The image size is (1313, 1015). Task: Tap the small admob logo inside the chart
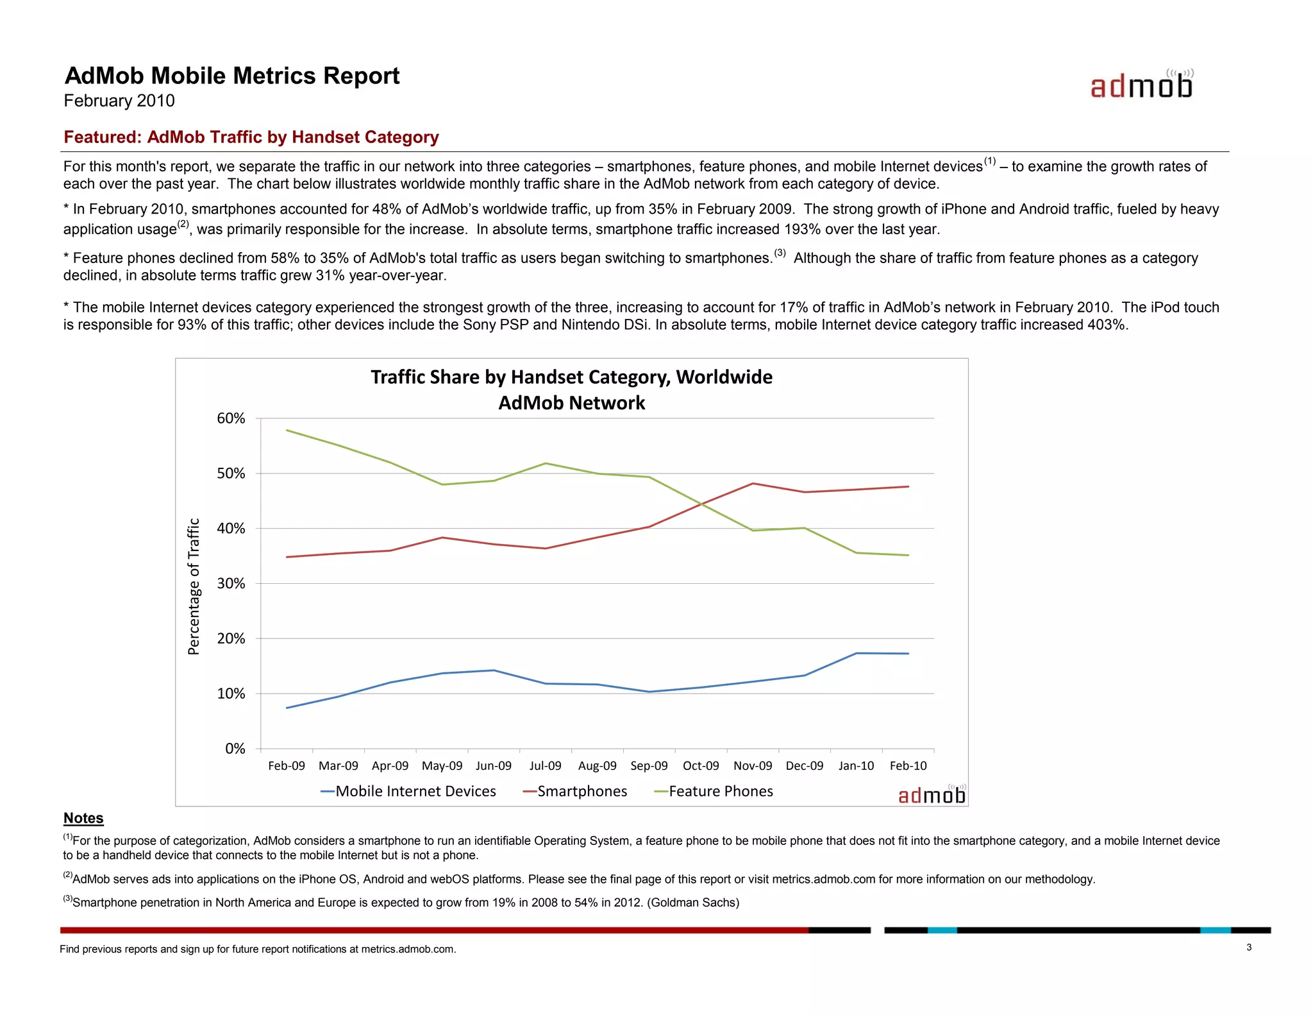(x=932, y=795)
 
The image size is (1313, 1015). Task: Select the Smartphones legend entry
(x=575, y=791)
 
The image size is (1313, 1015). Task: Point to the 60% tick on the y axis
(x=231, y=418)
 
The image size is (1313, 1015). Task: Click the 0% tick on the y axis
(x=235, y=749)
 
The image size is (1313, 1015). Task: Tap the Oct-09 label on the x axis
(x=701, y=765)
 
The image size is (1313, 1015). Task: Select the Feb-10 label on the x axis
(x=908, y=765)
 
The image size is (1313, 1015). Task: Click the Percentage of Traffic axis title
(x=194, y=586)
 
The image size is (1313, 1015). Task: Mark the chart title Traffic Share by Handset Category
(x=571, y=377)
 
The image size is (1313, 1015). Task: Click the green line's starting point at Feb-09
(x=287, y=430)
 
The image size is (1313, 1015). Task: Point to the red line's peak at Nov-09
(x=753, y=483)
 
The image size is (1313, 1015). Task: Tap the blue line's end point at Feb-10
(x=908, y=654)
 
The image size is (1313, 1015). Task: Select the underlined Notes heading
(x=83, y=818)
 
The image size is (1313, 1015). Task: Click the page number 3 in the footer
(x=1249, y=948)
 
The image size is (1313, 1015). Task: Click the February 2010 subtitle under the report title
(x=119, y=101)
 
